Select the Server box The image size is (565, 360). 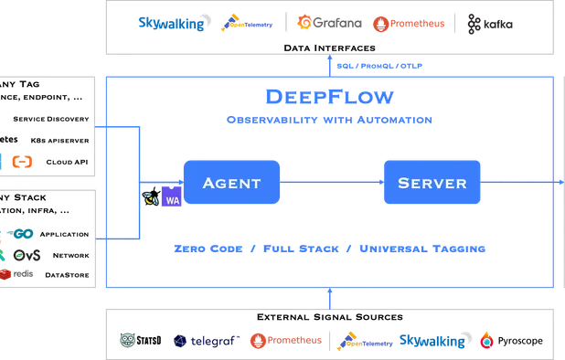pyautogui.click(x=432, y=183)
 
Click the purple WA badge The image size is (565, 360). pyautogui.click(x=171, y=200)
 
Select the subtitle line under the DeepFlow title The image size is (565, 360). pyautogui.click(x=329, y=119)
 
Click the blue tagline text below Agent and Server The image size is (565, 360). pyautogui.click(x=329, y=249)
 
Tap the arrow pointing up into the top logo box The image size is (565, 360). pyautogui.click(x=330, y=62)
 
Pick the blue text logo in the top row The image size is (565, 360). pyautogui.click(x=171, y=23)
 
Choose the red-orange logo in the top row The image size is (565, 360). pyautogui.click(x=409, y=23)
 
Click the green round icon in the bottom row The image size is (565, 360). pyautogui.click(x=129, y=340)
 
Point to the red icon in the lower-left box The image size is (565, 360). pyautogui.click(x=6, y=271)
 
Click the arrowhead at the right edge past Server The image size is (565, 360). pyautogui.click(x=559, y=183)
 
